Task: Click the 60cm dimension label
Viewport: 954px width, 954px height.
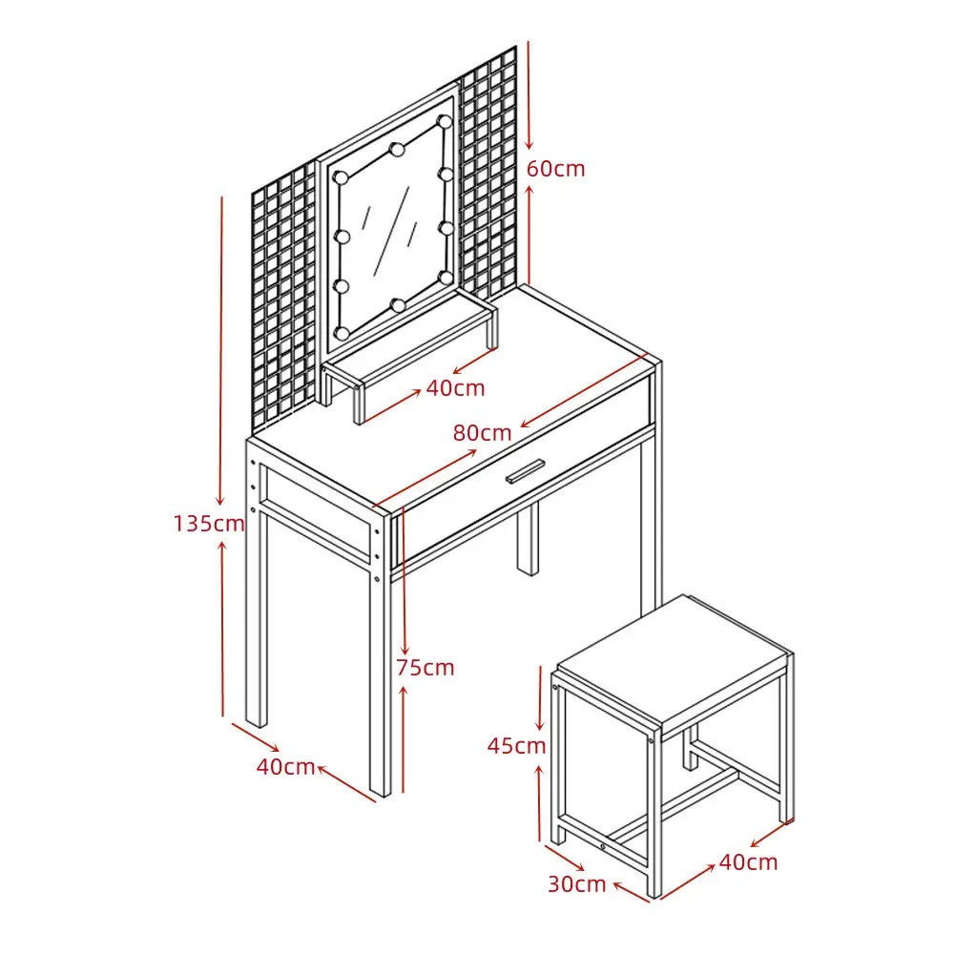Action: click(x=555, y=169)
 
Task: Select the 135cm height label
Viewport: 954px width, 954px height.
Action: click(x=209, y=523)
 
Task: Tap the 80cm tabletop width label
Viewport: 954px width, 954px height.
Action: click(x=482, y=433)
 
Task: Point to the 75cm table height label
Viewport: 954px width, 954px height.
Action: click(x=425, y=668)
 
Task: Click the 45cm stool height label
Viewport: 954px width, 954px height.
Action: click(x=516, y=746)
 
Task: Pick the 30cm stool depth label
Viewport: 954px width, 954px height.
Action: click(x=577, y=884)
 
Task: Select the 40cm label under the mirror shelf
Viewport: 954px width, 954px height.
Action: click(x=455, y=388)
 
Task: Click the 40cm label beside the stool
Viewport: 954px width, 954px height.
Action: click(x=748, y=862)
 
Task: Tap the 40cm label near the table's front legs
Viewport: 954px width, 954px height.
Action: click(x=285, y=767)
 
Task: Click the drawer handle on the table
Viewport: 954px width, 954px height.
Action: click(x=523, y=472)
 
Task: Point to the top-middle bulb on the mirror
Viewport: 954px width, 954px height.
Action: click(x=397, y=148)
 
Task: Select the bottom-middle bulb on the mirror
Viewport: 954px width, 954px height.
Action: click(x=398, y=304)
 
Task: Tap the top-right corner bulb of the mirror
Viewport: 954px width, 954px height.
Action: click(x=446, y=121)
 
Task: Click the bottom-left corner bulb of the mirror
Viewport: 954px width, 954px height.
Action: click(x=342, y=333)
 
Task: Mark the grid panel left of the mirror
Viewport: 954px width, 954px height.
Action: click(x=284, y=298)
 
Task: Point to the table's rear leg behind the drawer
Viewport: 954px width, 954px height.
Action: click(x=529, y=539)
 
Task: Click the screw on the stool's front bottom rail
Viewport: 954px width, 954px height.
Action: click(x=602, y=845)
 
